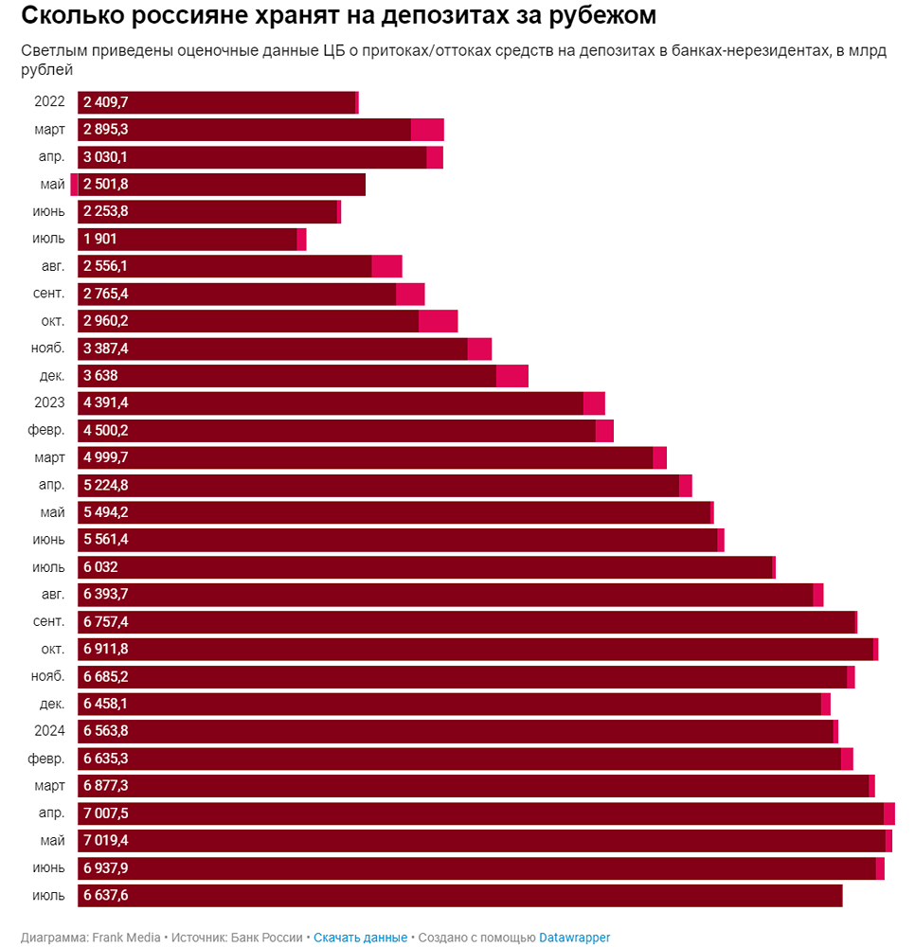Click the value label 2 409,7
tap(105, 102)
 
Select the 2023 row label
tap(49, 403)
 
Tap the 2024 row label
tap(49, 731)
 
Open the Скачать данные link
tap(360, 938)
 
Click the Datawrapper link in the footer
tap(575, 938)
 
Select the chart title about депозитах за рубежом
tap(338, 16)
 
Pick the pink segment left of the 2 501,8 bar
tap(74, 185)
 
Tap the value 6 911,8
tap(105, 650)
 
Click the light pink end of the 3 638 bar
tap(511, 376)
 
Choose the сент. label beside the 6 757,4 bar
tap(47, 622)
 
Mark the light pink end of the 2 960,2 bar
tap(438, 321)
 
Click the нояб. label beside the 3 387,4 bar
tap(47, 348)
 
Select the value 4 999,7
tap(105, 458)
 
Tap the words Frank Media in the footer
tap(126, 938)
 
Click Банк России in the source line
tap(267, 938)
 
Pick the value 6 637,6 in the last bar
tap(105, 896)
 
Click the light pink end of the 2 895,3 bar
tap(427, 130)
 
